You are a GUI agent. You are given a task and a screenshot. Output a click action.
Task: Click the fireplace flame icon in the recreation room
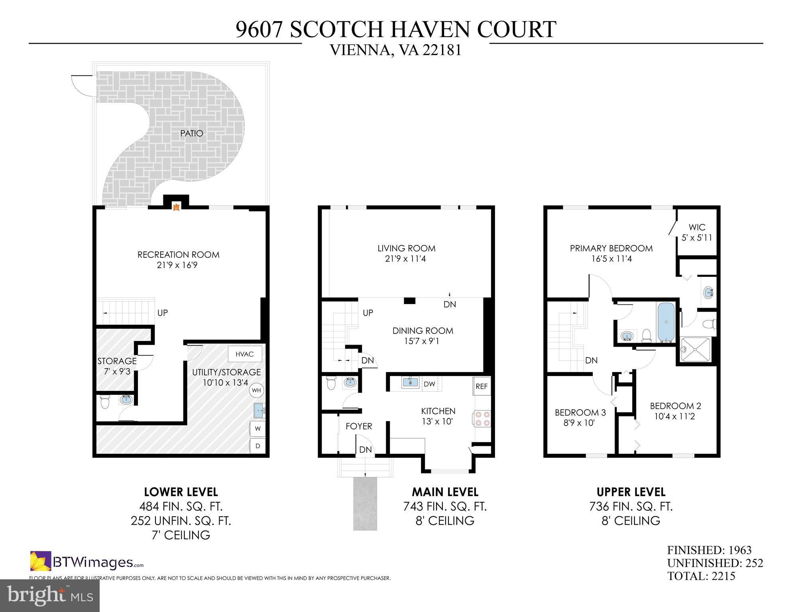(175, 206)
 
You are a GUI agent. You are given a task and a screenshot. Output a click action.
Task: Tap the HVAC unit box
(245, 354)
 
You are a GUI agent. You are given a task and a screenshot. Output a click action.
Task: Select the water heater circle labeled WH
(256, 390)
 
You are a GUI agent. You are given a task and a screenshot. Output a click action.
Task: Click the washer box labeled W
(258, 429)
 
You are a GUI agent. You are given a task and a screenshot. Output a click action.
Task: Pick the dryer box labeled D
(258, 446)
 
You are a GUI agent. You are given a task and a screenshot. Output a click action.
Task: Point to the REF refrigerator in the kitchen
(481, 386)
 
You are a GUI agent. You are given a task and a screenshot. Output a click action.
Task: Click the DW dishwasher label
(429, 384)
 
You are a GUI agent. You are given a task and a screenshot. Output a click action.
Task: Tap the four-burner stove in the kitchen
(482, 419)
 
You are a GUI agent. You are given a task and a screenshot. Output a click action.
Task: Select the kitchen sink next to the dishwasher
(410, 382)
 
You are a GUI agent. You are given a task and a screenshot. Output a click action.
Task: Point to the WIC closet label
(697, 228)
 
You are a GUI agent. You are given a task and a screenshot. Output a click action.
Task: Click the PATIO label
(191, 133)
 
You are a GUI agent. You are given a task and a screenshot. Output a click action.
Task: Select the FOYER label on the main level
(359, 426)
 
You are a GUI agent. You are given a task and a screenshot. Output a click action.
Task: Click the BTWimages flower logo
(40, 561)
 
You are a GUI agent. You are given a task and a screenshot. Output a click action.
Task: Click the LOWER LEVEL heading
(181, 492)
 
